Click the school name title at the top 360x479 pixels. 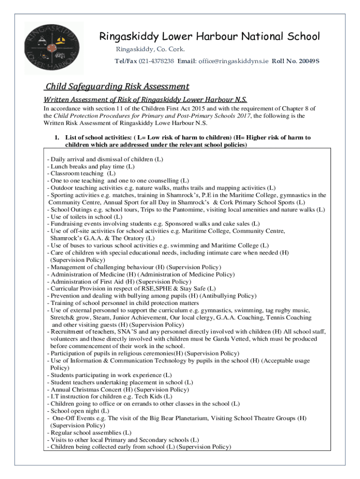pos(209,36)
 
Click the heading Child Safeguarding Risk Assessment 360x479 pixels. pos(117,87)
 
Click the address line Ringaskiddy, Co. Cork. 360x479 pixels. pos(150,50)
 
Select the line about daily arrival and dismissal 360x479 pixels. pos(105,159)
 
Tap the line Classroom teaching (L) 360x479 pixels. pos(81,173)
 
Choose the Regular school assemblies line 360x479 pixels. pos(89,433)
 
